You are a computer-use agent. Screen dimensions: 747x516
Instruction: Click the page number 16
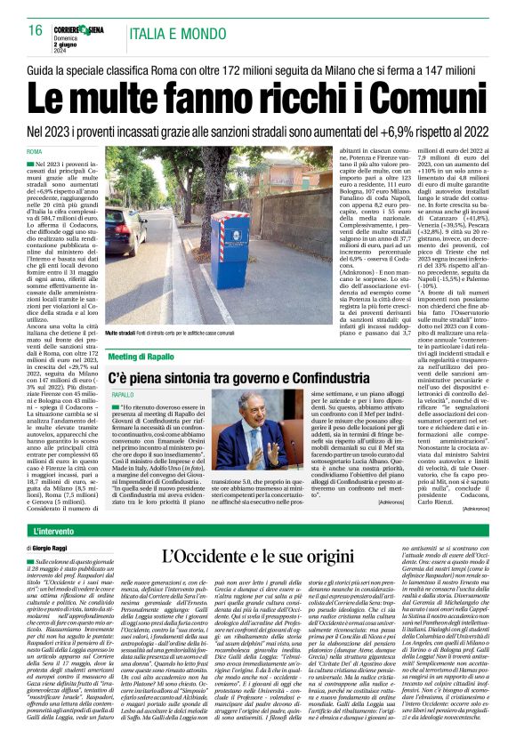35,30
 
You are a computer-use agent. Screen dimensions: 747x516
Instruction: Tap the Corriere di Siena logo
83,29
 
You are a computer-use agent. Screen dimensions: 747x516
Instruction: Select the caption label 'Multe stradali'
124,332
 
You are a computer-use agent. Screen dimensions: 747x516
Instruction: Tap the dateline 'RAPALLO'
122,394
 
